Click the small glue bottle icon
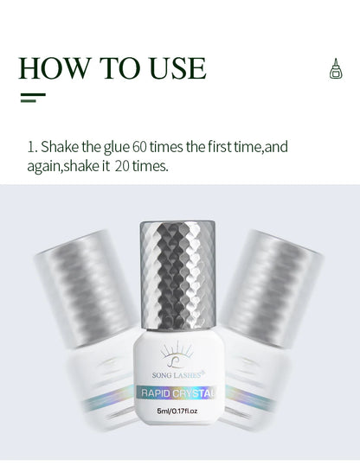pos(336,69)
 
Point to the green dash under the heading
pos(33,98)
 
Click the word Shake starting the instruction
pos(60,147)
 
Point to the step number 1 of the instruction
pos(30,147)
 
